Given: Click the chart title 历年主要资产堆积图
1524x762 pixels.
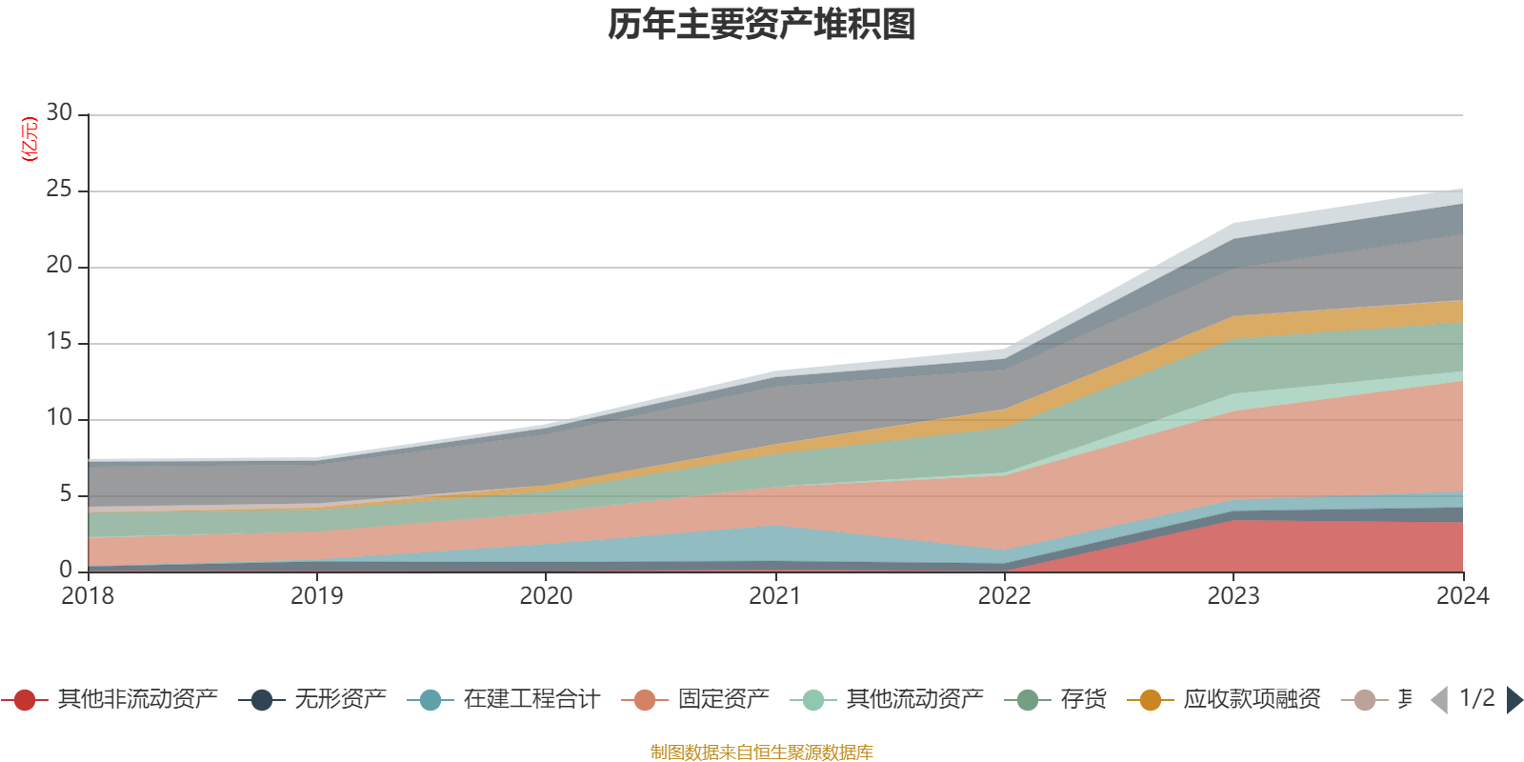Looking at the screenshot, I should pyautogui.click(x=762, y=26).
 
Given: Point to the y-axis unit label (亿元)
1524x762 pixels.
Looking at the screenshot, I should pyautogui.click(x=30, y=139).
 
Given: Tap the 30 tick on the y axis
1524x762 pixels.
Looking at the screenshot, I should pyautogui.click(x=59, y=113).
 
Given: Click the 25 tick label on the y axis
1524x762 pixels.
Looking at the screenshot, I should pyautogui.click(x=59, y=190).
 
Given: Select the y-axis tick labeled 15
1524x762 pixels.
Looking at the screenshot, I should pyautogui.click(x=59, y=342).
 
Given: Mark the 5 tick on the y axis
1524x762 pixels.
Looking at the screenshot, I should pyautogui.click(x=66, y=494).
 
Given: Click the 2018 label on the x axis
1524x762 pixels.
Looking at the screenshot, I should pyautogui.click(x=88, y=596).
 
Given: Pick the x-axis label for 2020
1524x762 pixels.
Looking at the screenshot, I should pyautogui.click(x=546, y=596).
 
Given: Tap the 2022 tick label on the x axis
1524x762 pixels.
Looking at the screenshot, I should pyautogui.click(x=1004, y=596).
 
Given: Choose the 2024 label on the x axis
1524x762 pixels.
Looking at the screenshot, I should pyautogui.click(x=1462, y=596).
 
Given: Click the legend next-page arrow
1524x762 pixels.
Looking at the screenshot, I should pyautogui.click(x=1514, y=700).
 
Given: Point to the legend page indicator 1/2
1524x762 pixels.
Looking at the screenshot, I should pyautogui.click(x=1476, y=698).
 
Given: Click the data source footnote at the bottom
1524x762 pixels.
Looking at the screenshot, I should pyautogui.click(x=762, y=752).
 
